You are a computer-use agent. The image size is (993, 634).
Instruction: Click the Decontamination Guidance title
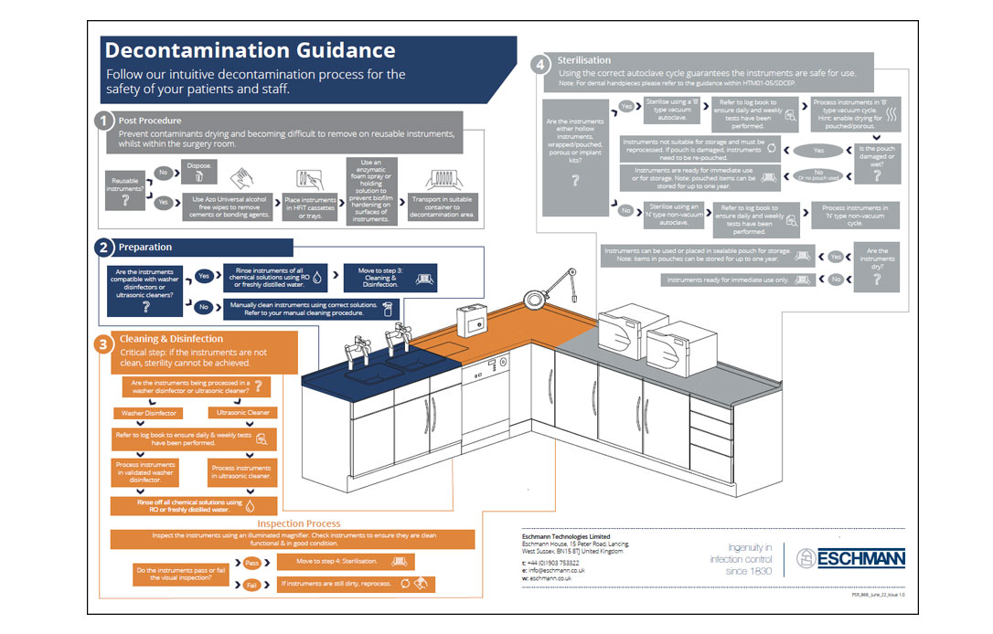point(251,50)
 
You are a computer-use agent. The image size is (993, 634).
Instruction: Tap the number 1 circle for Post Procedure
point(105,121)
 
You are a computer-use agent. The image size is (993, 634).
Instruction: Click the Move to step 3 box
point(383,277)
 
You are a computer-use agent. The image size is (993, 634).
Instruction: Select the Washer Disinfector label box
point(150,413)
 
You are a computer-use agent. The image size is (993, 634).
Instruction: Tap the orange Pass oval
point(251,563)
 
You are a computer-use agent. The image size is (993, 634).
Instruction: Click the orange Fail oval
point(251,585)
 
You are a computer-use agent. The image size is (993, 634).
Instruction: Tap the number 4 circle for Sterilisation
point(541,65)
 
